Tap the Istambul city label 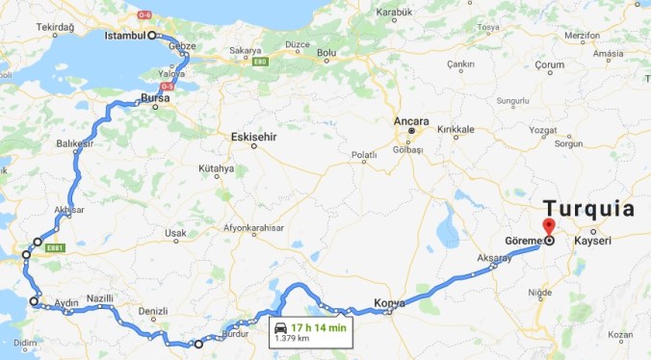pos(125,36)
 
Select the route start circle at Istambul pos(152,36)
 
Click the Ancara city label pos(410,120)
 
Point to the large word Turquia pos(588,209)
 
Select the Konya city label pos(389,303)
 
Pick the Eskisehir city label pos(254,137)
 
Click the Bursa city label pos(153,98)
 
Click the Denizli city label pos(154,311)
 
